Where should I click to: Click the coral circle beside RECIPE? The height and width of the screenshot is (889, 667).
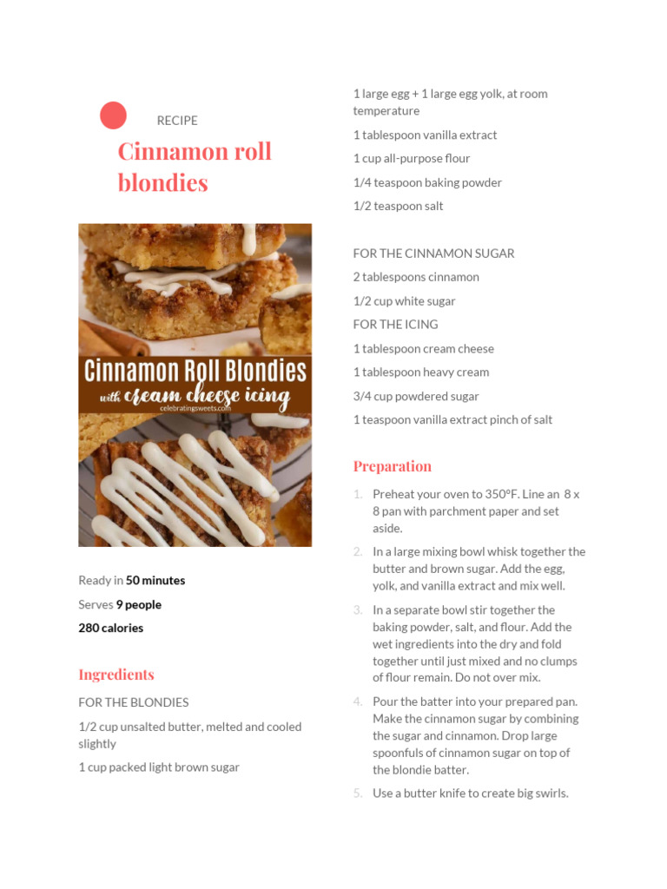[113, 115]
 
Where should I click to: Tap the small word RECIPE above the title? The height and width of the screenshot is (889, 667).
[177, 120]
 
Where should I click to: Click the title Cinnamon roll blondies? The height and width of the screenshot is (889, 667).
[195, 167]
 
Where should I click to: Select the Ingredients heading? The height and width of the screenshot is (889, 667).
[116, 675]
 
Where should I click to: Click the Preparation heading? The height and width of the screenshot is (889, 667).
[392, 466]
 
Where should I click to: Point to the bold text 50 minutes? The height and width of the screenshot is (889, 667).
[155, 580]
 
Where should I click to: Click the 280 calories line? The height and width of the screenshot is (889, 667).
[111, 628]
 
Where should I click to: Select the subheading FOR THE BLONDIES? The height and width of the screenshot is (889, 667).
[134, 702]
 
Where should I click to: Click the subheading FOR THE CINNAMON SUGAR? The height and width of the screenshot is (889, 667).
[433, 254]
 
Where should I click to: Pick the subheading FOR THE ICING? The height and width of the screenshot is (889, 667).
[395, 324]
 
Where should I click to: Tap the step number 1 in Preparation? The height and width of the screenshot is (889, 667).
[358, 494]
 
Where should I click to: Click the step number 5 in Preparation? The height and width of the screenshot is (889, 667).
[358, 793]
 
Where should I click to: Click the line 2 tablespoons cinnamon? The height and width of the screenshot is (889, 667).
[416, 277]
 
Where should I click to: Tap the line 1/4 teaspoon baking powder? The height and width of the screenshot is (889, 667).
[427, 182]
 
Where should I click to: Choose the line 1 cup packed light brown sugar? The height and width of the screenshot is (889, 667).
[159, 767]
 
